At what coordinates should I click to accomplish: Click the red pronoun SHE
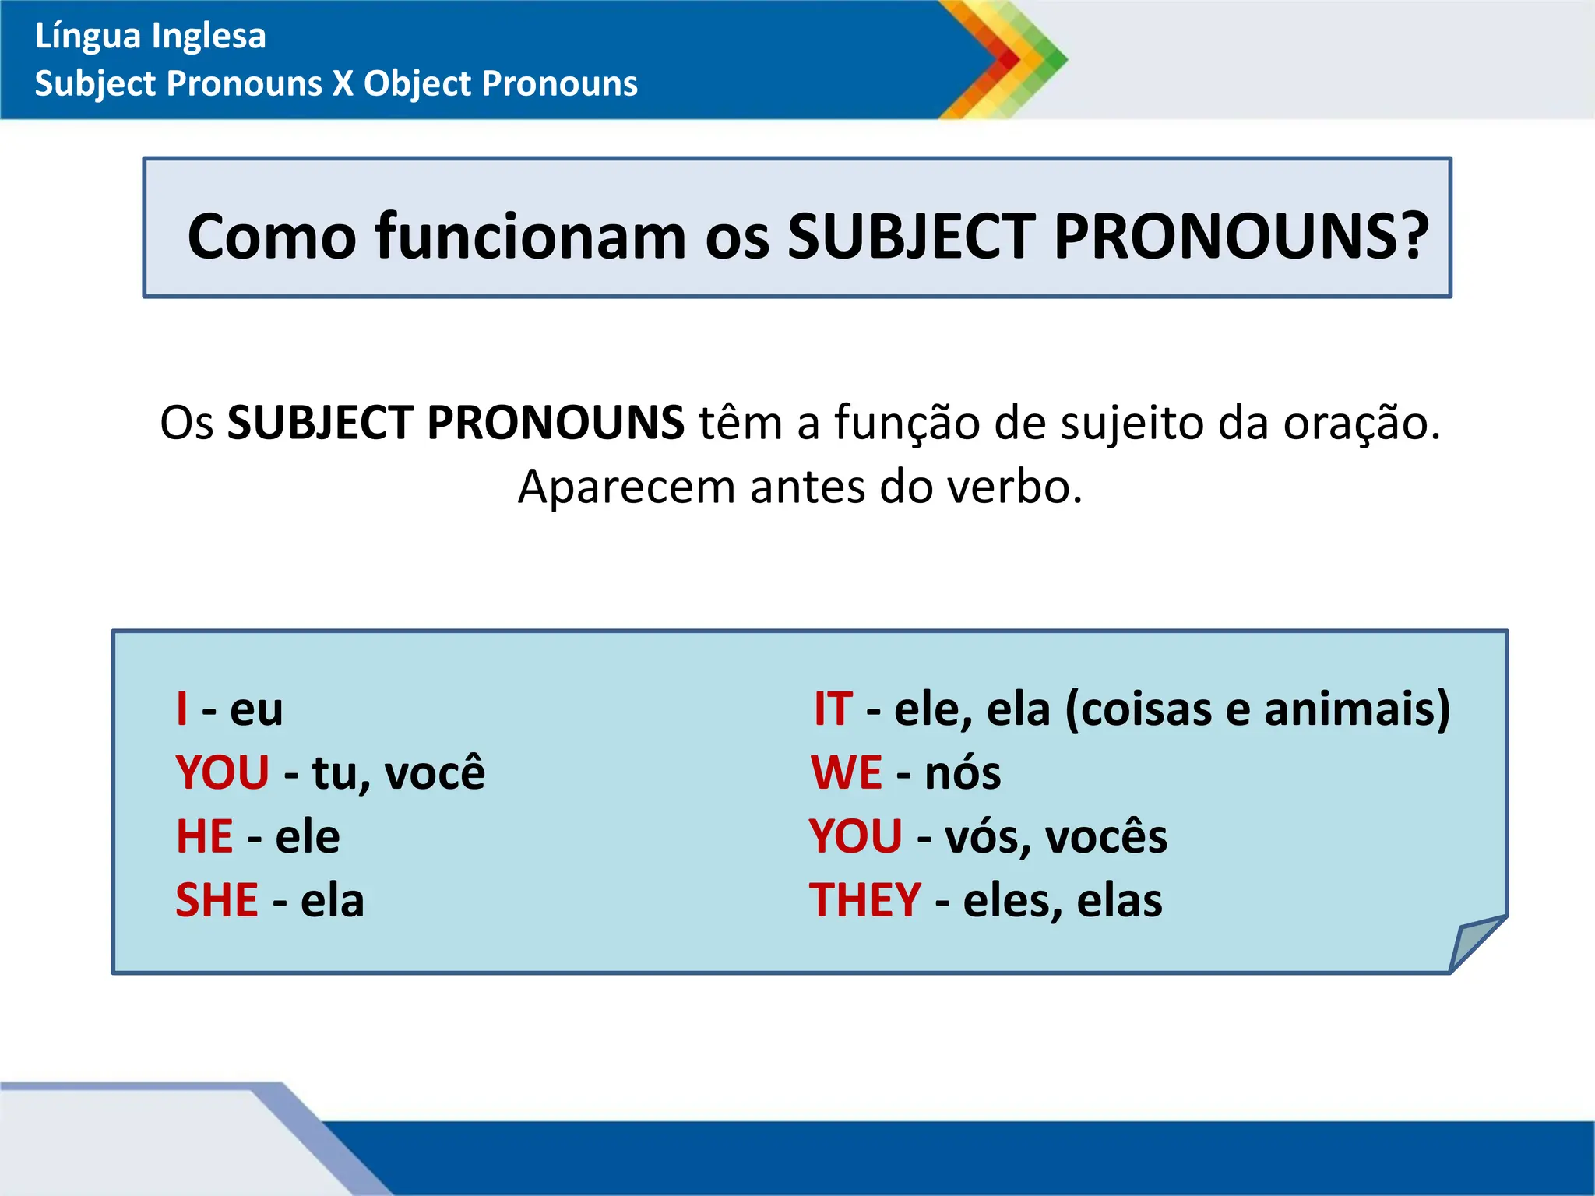pyautogui.click(x=217, y=900)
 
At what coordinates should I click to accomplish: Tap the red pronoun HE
pyautogui.click(x=204, y=836)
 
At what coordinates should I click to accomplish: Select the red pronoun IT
pyautogui.click(x=833, y=709)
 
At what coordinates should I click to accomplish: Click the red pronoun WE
pyautogui.click(x=846, y=772)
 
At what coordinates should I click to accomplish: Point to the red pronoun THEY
pyautogui.click(x=864, y=900)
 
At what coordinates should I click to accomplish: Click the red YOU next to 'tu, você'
pyautogui.click(x=223, y=772)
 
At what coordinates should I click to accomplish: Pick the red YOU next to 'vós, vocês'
pyautogui.click(x=855, y=836)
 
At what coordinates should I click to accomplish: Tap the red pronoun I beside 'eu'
pyautogui.click(x=182, y=709)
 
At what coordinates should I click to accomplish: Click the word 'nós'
pyautogui.click(x=963, y=772)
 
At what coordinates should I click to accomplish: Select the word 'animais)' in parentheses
pyautogui.click(x=1357, y=709)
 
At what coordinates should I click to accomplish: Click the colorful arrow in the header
pyautogui.click(x=1005, y=59)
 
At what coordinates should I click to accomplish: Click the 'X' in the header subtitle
pyautogui.click(x=343, y=83)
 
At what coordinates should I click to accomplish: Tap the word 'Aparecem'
pyautogui.click(x=626, y=487)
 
